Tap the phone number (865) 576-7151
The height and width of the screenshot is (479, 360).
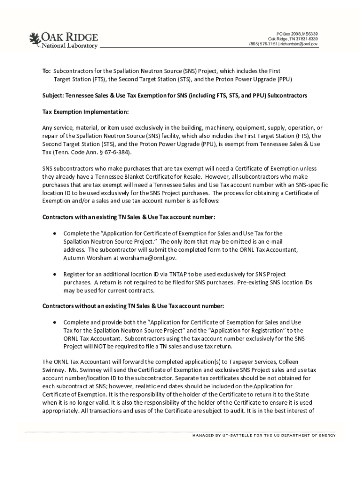coord(263,44)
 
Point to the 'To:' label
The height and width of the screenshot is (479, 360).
coord(46,71)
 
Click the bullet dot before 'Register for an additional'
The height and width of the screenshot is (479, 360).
coord(55,274)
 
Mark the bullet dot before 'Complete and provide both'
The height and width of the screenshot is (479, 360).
coord(55,322)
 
